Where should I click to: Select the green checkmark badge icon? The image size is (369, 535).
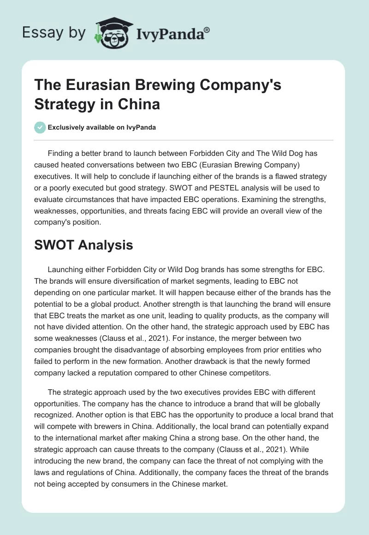coord(40,127)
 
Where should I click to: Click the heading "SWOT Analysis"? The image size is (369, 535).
coord(83,245)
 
